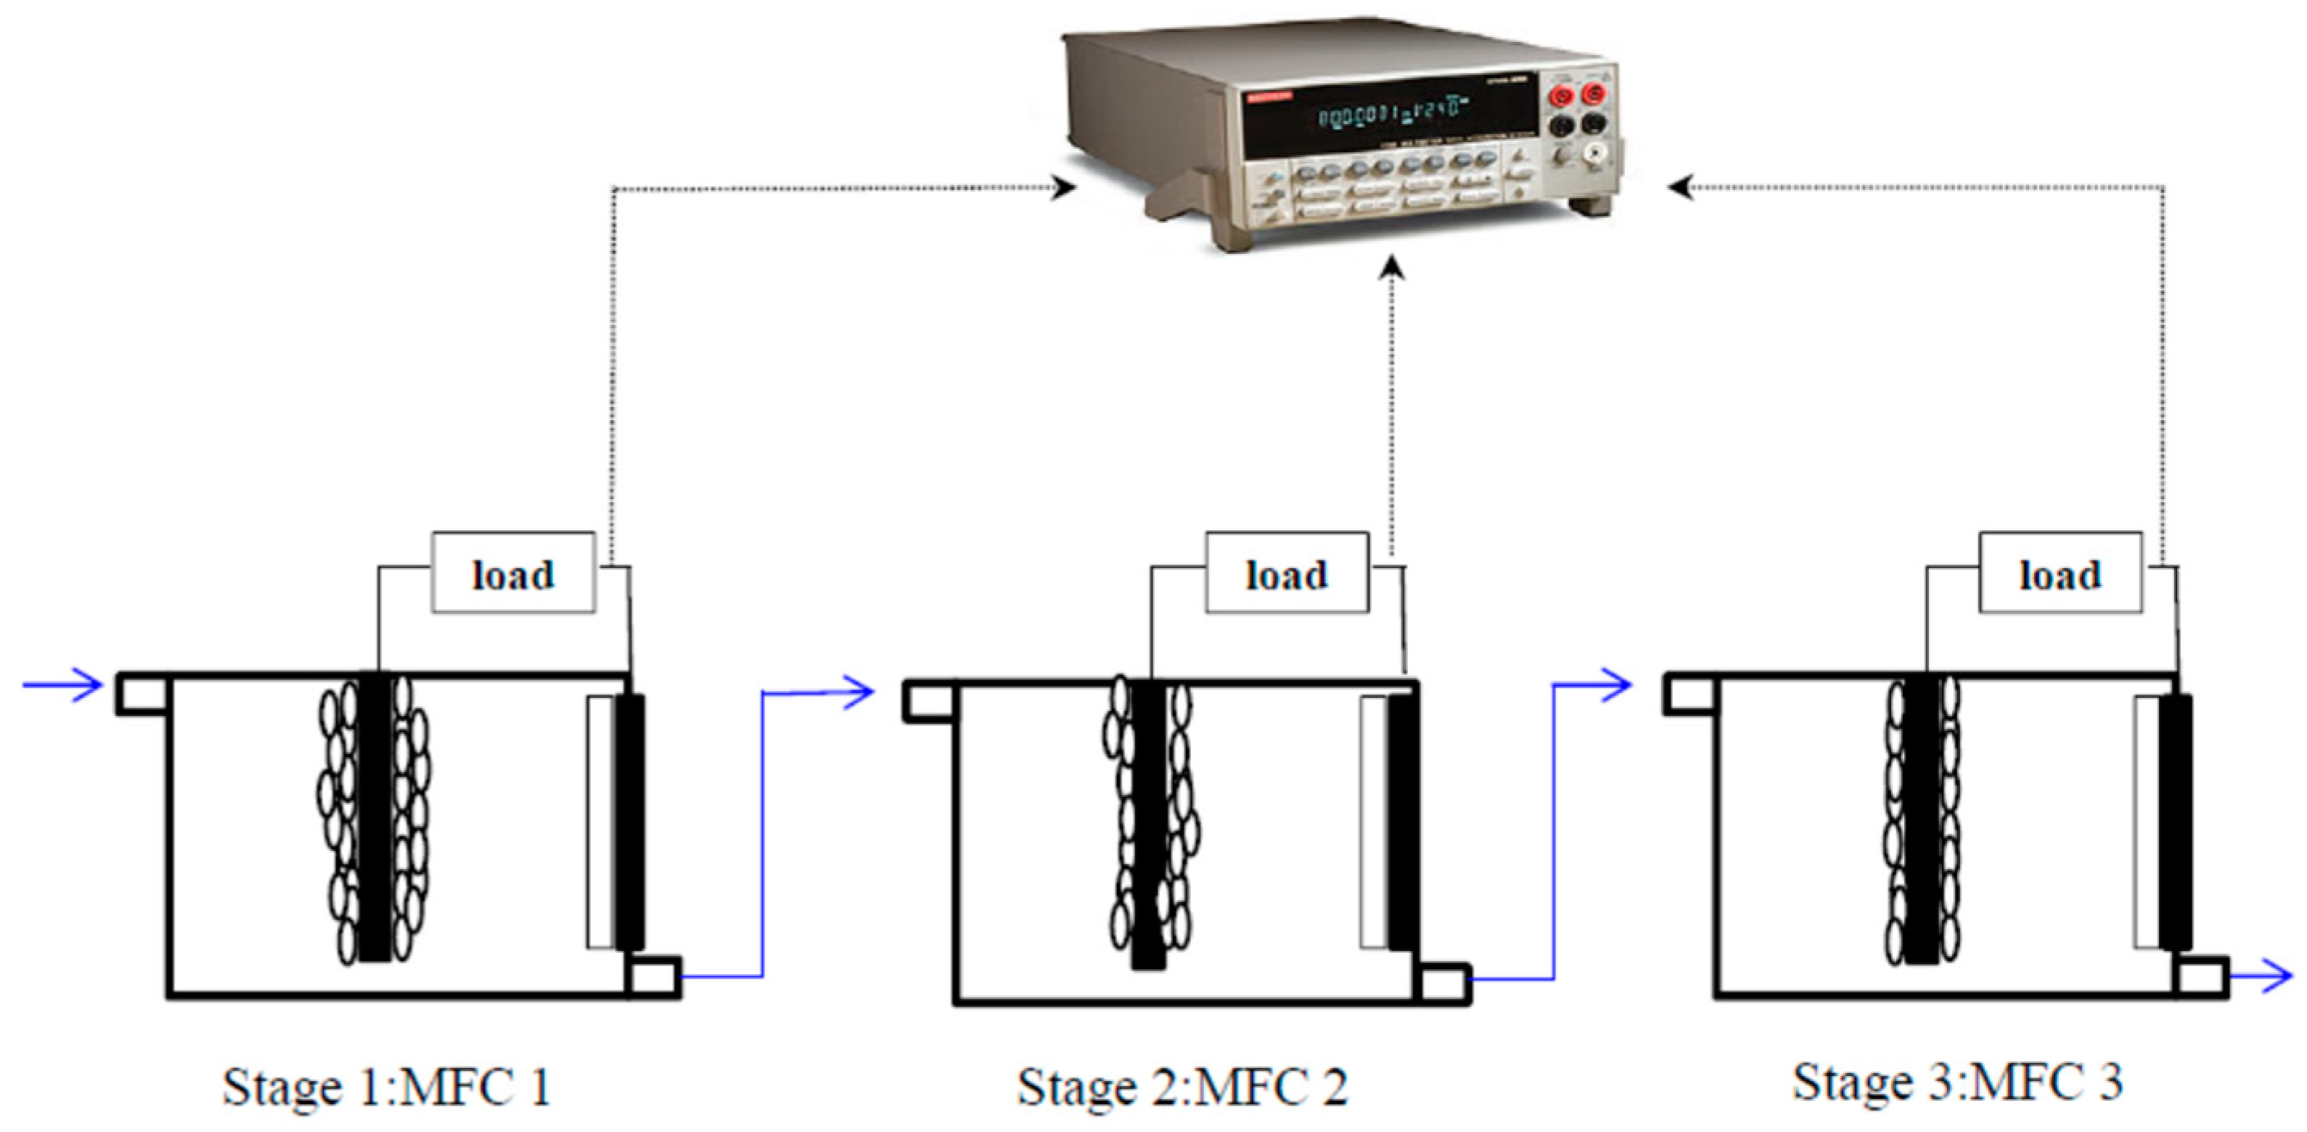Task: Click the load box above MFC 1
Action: (513, 573)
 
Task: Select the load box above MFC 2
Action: (1286, 573)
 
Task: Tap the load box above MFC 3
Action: (2060, 573)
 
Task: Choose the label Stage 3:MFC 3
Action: (1957, 1082)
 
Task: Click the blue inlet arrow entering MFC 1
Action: (62, 686)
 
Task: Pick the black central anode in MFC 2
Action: (1147, 824)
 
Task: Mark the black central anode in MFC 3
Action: (1922, 820)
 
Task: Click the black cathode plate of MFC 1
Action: (630, 820)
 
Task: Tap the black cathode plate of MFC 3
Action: (2176, 820)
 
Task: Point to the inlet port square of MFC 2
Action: (928, 700)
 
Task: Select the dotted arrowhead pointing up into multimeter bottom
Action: (1391, 267)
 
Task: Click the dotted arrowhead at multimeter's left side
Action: (1063, 188)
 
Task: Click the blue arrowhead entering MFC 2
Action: (859, 691)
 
